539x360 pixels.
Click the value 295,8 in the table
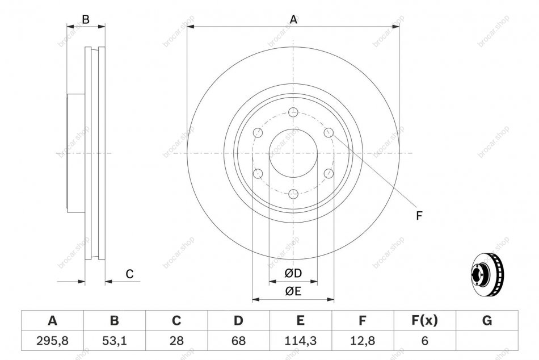pos(52,341)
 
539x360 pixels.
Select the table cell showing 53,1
pos(115,341)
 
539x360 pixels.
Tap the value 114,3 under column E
pos(301,341)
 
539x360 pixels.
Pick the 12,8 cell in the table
pos(363,341)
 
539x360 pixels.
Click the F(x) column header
pos(424,320)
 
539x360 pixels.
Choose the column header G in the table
pos(487,320)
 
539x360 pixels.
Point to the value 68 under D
pos(238,341)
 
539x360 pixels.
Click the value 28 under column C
pos(176,341)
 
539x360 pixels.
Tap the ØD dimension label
pos(293,273)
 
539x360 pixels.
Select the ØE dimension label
pos(293,291)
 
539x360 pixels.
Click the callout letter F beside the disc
pos(419,216)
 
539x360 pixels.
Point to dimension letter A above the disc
pos(293,20)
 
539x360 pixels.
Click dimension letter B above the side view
pos(86,20)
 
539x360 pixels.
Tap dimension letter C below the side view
pos(129,274)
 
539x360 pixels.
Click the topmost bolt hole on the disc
pos(293,112)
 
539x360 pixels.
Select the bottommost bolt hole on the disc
pos(293,194)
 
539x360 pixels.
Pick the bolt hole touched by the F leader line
pos(329,132)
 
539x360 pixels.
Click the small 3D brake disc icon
pos(487,274)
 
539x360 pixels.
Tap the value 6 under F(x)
pos(424,341)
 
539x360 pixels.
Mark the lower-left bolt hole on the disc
pos(258,173)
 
